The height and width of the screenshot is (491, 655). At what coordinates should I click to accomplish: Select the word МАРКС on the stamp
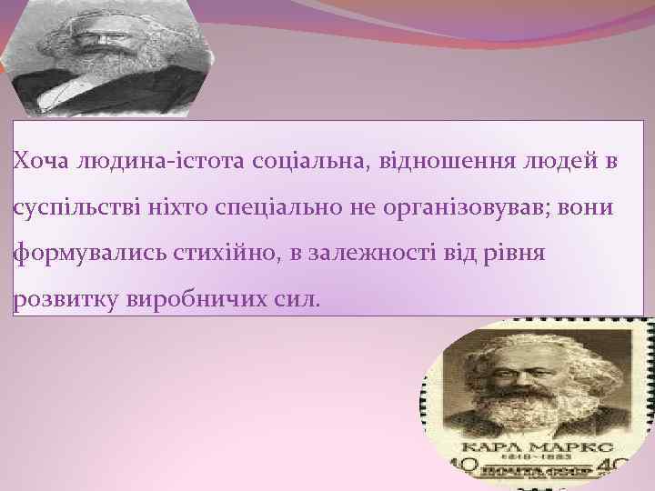coord(569,449)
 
